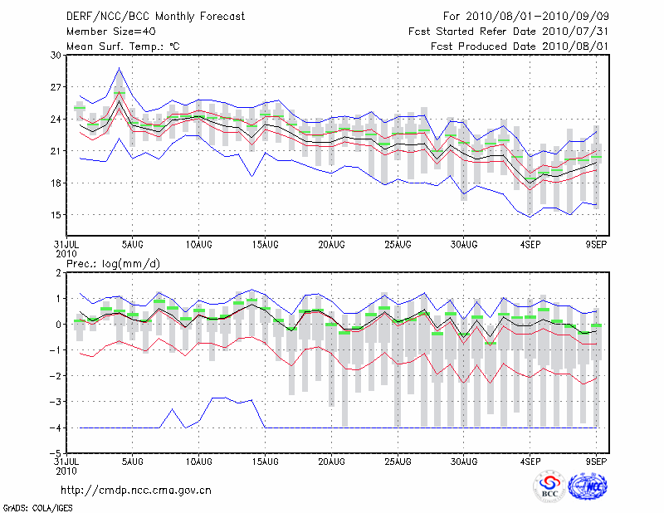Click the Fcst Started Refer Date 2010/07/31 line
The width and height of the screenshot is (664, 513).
509,32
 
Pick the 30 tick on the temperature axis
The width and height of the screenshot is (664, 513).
56,55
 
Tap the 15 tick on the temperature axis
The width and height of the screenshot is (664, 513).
56,215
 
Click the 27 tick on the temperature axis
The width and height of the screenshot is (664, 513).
56,87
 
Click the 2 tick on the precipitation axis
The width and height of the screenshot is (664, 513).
59,272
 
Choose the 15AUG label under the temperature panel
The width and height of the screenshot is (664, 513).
265,246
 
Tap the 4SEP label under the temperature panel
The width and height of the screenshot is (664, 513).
530,246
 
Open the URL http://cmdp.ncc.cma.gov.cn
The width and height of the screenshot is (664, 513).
136,490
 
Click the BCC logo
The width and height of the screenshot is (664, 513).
549,488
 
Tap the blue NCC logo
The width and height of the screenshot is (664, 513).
587,488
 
